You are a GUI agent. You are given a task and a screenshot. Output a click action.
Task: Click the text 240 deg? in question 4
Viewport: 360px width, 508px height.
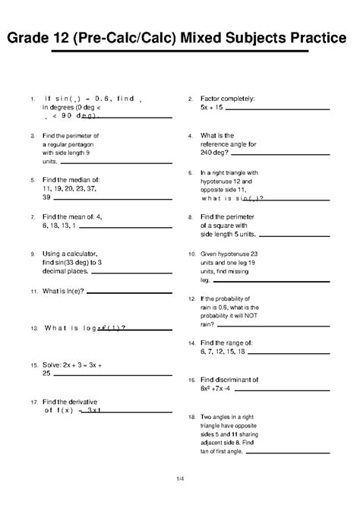click(217, 153)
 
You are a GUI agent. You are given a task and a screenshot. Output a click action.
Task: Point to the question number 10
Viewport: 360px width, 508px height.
click(191, 254)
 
